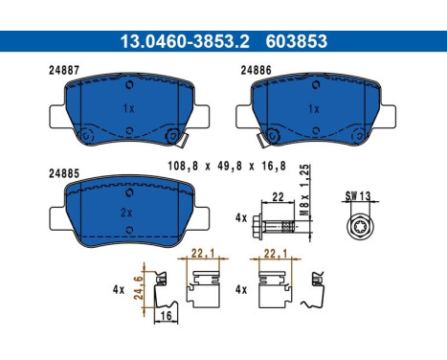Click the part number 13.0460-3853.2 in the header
tap(185, 41)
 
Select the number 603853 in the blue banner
tap(297, 41)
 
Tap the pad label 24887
tap(64, 70)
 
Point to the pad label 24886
tap(256, 70)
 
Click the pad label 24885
tap(64, 173)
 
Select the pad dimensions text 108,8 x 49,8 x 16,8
tap(227, 166)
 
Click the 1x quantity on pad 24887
tap(128, 108)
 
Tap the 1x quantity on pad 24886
tap(314, 109)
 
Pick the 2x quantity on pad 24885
tap(126, 213)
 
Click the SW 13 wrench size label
tap(358, 195)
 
